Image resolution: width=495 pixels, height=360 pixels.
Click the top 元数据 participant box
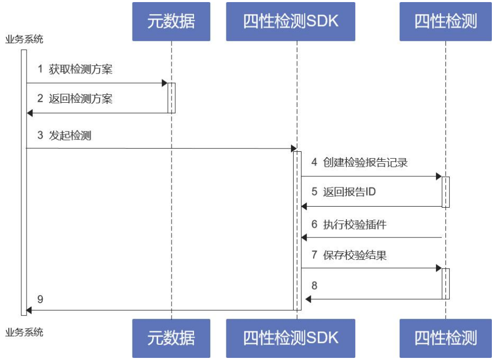pyautogui.click(x=171, y=21)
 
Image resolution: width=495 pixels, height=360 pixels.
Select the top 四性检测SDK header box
pyautogui.click(x=291, y=21)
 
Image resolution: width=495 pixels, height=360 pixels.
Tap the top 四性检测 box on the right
pyautogui.click(x=445, y=21)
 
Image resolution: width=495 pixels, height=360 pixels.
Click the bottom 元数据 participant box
pyautogui.click(x=171, y=338)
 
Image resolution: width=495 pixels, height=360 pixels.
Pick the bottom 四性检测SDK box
pyautogui.click(x=291, y=338)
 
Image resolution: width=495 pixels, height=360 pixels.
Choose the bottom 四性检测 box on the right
pyautogui.click(x=445, y=338)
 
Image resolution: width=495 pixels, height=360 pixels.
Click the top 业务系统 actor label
pyautogui.click(x=24, y=39)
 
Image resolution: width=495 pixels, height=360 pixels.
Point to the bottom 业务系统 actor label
pyautogui.click(x=24, y=332)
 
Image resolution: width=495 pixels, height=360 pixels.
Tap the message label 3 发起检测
pyautogui.click(x=64, y=136)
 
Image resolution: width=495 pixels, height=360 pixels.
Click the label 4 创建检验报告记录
pyautogui.click(x=359, y=162)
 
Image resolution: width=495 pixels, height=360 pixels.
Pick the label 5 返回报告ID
pyautogui.click(x=343, y=192)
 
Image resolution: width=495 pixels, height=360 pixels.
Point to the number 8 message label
pyautogui.click(x=315, y=286)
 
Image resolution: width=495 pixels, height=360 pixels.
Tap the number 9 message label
pyautogui.click(x=41, y=298)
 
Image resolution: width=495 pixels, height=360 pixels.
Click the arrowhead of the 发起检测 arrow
pyautogui.click(x=294, y=149)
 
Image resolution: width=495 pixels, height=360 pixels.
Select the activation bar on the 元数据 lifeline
pyautogui.click(x=172, y=98)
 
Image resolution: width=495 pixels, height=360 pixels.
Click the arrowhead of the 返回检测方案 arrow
pyautogui.click(x=30, y=113)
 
